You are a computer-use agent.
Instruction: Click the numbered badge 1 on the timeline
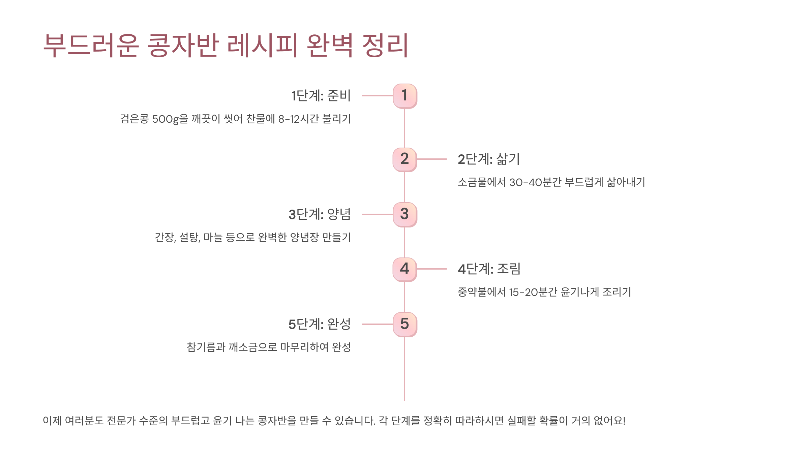pyautogui.click(x=405, y=96)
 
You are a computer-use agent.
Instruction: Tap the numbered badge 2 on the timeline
pyautogui.click(x=405, y=159)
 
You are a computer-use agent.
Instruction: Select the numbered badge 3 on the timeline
pyautogui.click(x=405, y=214)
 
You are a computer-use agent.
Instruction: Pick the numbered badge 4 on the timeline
pyautogui.click(x=405, y=269)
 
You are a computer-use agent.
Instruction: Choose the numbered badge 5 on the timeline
pyautogui.click(x=405, y=324)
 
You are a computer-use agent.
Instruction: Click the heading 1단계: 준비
pyautogui.click(x=321, y=96)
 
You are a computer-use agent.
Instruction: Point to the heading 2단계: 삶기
pyautogui.click(x=489, y=159)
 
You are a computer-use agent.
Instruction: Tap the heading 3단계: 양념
pyautogui.click(x=320, y=214)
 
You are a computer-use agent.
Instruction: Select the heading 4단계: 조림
pyautogui.click(x=489, y=269)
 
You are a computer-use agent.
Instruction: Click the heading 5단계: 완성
pyautogui.click(x=320, y=324)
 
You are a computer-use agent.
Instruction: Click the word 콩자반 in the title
pyautogui.click(x=183, y=45)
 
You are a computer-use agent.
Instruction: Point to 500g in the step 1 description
pyautogui.click(x=165, y=119)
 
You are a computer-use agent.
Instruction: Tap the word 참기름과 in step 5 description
pyautogui.click(x=206, y=347)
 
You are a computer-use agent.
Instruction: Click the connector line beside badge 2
pyautogui.click(x=432, y=159)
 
